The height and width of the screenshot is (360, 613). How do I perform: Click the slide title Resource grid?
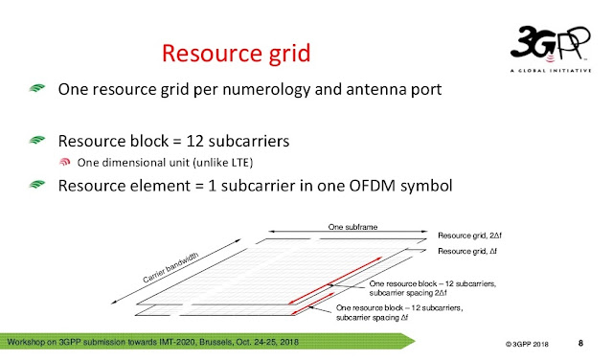(x=235, y=50)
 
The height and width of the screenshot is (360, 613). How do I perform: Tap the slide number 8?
(x=580, y=342)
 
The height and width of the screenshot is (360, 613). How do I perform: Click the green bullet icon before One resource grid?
(x=36, y=91)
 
